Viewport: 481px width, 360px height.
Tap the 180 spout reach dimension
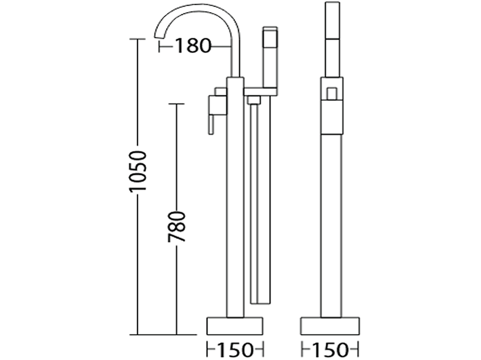tap(193, 46)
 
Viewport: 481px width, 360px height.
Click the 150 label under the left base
tap(235, 350)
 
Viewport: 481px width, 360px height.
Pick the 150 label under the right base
tap(329, 350)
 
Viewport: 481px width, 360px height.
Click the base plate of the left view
tap(235, 326)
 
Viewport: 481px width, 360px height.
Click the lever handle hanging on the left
tap(211, 120)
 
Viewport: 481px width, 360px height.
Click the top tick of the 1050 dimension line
tap(137, 39)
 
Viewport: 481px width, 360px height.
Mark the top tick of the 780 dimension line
tap(176, 104)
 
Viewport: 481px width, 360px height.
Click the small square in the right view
tap(331, 94)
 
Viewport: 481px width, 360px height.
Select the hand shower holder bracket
tap(261, 91)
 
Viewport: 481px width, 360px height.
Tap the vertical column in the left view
tap(235, 200)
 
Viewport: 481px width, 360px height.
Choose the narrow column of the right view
tap(331, 224)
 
